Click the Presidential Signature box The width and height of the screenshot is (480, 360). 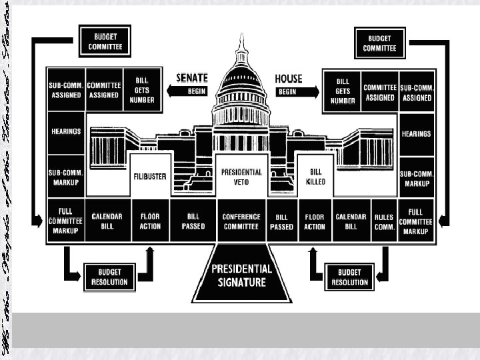[x=242, y=275]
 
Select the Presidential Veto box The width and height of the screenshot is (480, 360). [x=241, y=176]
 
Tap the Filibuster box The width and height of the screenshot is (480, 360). [x=149, y=177]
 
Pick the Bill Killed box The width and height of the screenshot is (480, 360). [x=315, y=177]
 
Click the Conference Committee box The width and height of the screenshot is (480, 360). [x=241, y=221]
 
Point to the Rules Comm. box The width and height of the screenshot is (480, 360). [x=383, y=221]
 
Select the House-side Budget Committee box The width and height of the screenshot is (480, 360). [x=379, y=43]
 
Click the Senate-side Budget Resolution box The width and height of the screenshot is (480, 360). [x=109, y=277]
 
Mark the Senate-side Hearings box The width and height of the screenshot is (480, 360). [x=65, y=132]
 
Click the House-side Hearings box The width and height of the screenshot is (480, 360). [x=416, y=133]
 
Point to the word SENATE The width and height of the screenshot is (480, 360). [x=192, y=78]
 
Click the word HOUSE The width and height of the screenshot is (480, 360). [x=289, y=78]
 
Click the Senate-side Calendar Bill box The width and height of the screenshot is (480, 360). [x=107, y=221]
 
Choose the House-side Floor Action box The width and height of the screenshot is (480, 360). [x=315, y=221]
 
